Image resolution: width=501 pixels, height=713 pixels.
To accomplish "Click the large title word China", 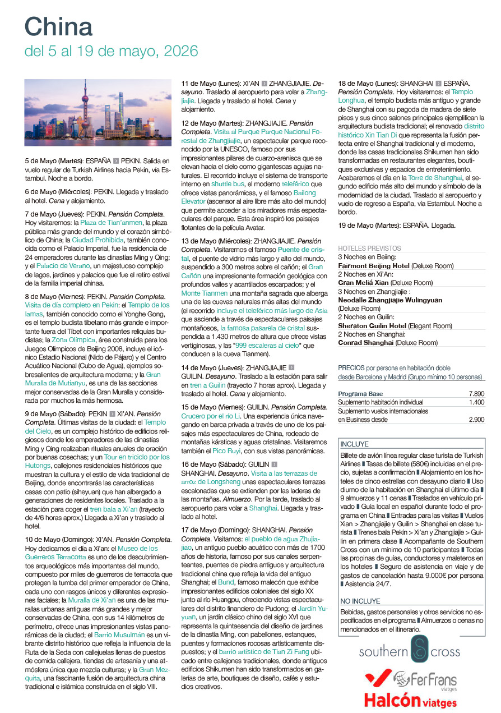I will click(58, 27).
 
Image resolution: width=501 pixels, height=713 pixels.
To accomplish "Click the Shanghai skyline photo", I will click(98, 113).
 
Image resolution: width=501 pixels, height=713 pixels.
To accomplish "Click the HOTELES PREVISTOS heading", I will click(369, 248).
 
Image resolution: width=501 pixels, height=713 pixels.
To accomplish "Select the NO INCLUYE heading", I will click(360, 601).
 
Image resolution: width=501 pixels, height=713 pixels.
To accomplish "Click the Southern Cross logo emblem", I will click(419, 651).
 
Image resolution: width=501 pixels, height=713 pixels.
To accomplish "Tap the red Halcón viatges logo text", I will click(410, 700).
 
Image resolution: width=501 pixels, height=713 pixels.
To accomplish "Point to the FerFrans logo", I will click(424, 680).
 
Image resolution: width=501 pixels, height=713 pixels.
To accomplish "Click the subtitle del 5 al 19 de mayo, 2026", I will click(111, 52).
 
